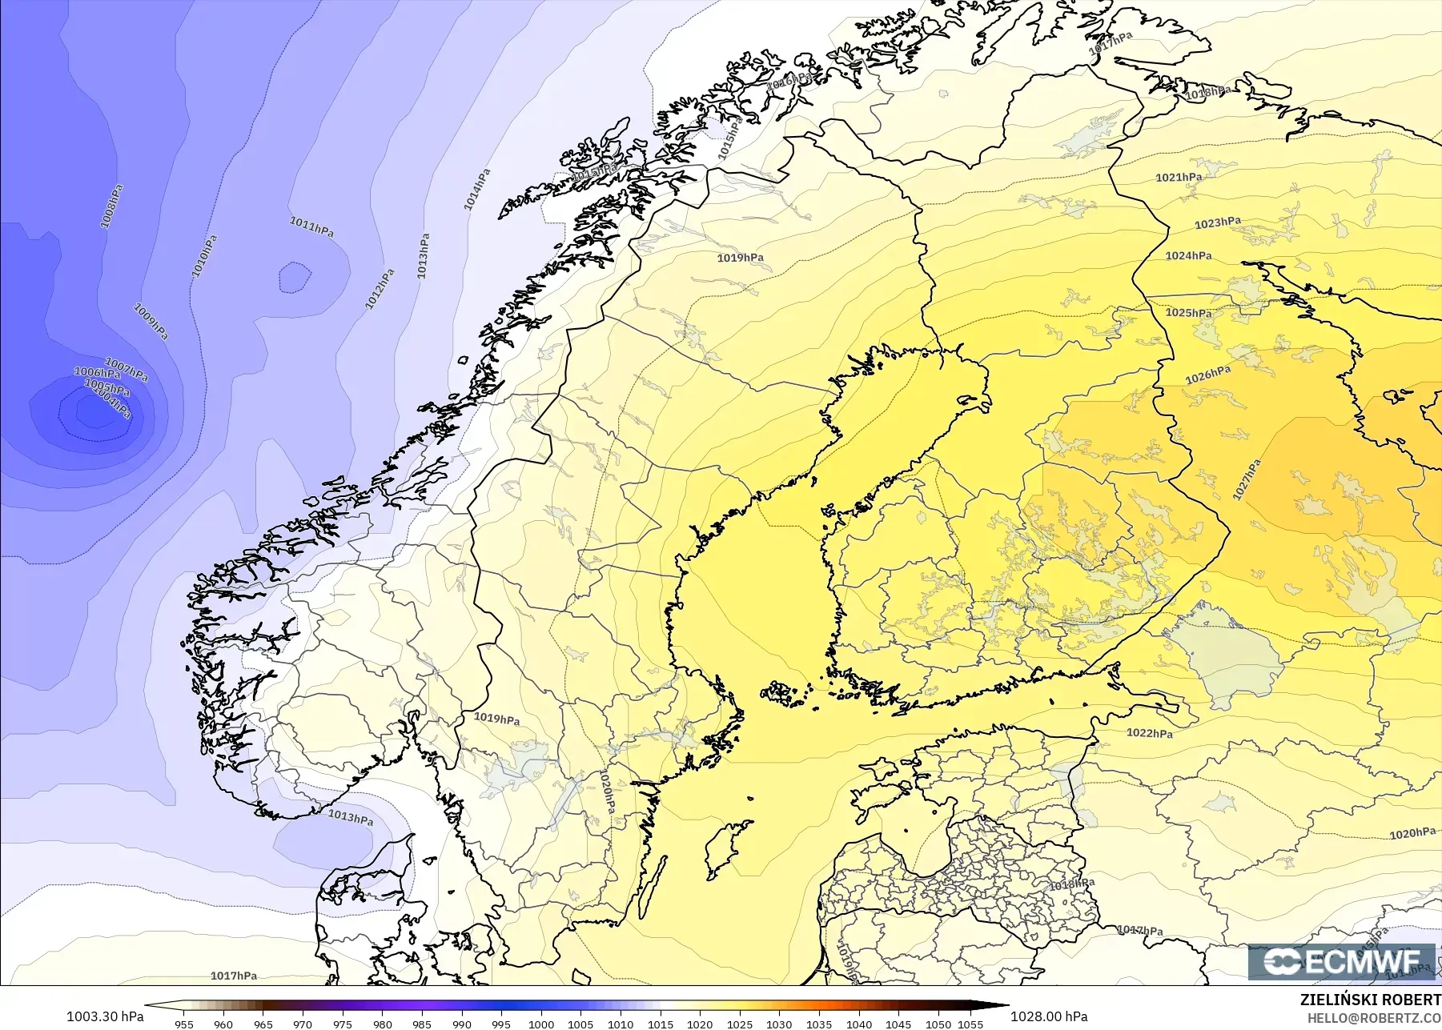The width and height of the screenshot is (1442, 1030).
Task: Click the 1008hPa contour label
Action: click(111, 206)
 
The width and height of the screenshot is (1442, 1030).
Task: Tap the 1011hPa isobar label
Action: click(311, 226)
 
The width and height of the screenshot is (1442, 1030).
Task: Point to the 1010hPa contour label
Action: click(204, 257)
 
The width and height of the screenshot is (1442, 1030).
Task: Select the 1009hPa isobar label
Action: click(151, 321)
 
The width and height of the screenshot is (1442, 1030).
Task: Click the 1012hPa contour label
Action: click(380, 289)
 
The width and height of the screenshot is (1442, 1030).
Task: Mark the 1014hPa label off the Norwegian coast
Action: click(476, 190)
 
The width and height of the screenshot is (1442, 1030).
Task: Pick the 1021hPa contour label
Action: click(1179, 177)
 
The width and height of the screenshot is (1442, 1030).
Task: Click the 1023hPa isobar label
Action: click(1218, 222)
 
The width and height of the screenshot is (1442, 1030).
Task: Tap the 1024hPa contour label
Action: click(1188, 255)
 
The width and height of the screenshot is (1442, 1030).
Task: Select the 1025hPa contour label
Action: click(1188, 312)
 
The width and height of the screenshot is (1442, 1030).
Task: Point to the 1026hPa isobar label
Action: click(1208, 374)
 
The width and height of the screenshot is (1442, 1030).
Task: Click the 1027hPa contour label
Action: click(1246, 479)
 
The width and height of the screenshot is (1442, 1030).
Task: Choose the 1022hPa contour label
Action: click(1150, 732)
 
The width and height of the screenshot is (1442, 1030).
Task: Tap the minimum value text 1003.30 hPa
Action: click(105, 1016)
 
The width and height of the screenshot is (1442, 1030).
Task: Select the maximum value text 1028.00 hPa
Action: click(1049, 1016)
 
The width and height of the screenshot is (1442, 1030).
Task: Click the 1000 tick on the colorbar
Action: click(541, 1024)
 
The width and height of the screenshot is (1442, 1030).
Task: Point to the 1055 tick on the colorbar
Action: click(970, 1024)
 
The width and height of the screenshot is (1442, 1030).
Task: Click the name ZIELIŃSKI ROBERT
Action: click(1370, 1000)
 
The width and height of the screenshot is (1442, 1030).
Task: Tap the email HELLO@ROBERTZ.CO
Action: click(1374, 1018)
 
